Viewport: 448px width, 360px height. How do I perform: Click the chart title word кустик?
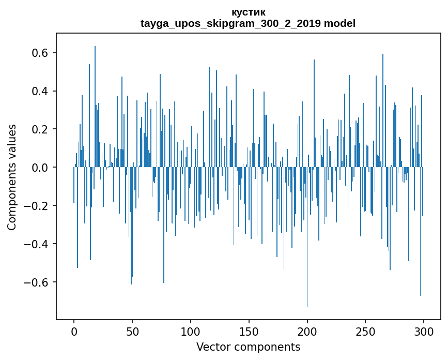tap(249, 12)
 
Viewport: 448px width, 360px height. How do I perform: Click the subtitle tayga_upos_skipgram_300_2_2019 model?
tap(248, 23)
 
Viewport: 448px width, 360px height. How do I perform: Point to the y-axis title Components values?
tap(12, 177)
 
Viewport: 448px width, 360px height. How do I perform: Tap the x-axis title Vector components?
tap(248, 347)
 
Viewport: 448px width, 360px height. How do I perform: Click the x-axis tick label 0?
tap(74, 331)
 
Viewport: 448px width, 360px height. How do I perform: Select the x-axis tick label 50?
tap(132, 331)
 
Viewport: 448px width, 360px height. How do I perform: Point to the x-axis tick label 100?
tap(191, 331)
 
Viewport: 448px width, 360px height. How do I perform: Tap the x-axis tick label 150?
tap(249, 331)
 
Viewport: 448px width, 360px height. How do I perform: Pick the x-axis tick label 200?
tap(307, 331)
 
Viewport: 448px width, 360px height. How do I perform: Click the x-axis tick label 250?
tap(366, 331)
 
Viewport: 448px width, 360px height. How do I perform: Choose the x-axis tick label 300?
tap(424, 331)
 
